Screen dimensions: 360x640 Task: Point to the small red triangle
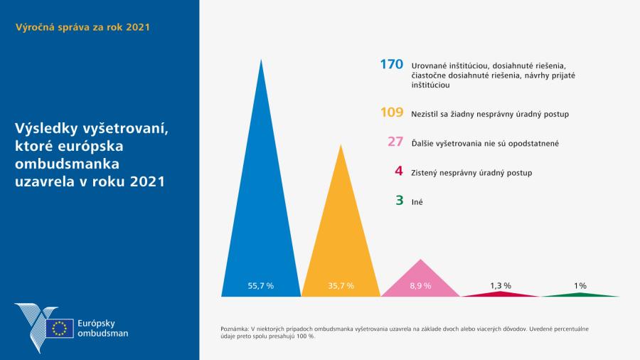click(501, 294)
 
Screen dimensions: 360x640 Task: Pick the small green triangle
click(580, 294)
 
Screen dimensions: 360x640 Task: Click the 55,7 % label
click(261, 285)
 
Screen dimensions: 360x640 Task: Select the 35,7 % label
click(341, 285)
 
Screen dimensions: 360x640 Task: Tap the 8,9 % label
click(420, 285)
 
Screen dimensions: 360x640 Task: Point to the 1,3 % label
click(501, 285)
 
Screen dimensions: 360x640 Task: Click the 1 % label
click(580, 285)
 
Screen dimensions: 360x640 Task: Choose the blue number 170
click(392, 65)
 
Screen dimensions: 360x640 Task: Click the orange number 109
click(392, 112)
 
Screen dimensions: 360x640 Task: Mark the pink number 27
click(395, 142)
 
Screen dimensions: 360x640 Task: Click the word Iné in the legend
click(417, 202)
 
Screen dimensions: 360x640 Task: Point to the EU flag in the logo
click(59, 328)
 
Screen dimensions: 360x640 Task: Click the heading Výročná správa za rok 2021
click(82, 27)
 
